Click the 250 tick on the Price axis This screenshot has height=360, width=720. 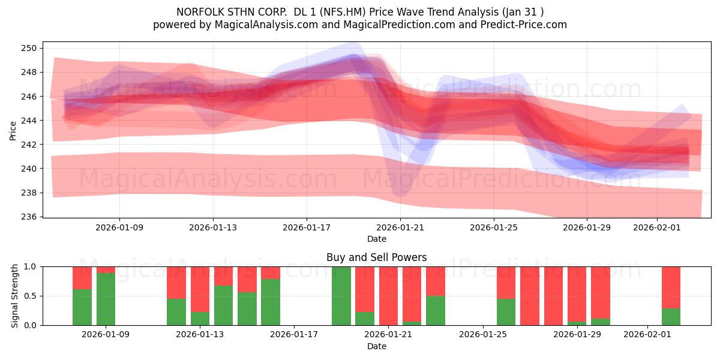click(30, 48)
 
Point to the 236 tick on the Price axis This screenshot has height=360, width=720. click(30, 217)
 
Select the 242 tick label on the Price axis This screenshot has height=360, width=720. click(30, 145)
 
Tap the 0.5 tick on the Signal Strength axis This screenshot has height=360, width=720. click(30, 296)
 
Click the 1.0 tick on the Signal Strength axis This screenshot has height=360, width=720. click(30, 266)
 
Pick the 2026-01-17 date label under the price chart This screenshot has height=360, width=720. click(307, 227)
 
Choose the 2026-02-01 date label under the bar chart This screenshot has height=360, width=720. click(647, 335)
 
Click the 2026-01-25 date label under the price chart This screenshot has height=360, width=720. click(494, 227)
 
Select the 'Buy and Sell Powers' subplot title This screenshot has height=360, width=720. click(376, 257)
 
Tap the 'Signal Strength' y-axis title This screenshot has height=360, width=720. click(15, 296)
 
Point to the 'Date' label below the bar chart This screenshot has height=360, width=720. click(376, 346)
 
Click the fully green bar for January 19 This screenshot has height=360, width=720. click(341, 296)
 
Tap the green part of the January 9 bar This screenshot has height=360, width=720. click(106, 299)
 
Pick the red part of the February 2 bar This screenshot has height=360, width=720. click(671, 287)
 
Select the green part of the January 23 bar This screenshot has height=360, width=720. click(436, 311)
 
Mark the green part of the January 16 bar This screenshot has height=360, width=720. click(271, 302)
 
